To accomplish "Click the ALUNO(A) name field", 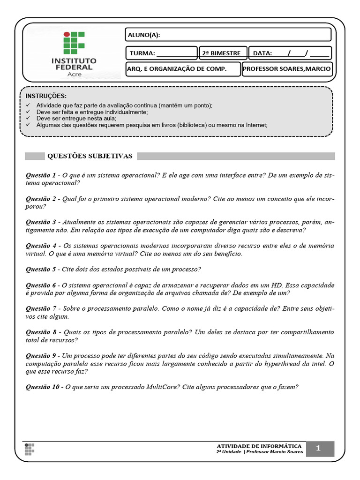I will pos(228,35).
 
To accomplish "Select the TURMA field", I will pos(161,53).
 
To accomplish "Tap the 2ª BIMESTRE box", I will pos(222,53).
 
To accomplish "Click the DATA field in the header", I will pos(290,53).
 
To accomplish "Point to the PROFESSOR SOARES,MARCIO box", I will pos(287,69).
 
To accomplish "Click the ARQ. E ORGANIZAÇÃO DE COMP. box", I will pos(183,69).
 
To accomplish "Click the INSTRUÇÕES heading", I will pos(46,96).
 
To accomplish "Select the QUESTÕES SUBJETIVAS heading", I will pos(90,156).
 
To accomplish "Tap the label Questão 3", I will pos(41,222).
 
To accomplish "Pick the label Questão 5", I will pos(41,269).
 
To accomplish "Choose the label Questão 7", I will pos(41,308).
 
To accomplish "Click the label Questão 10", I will pos(43,387).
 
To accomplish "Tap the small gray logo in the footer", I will pos(30,449).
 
